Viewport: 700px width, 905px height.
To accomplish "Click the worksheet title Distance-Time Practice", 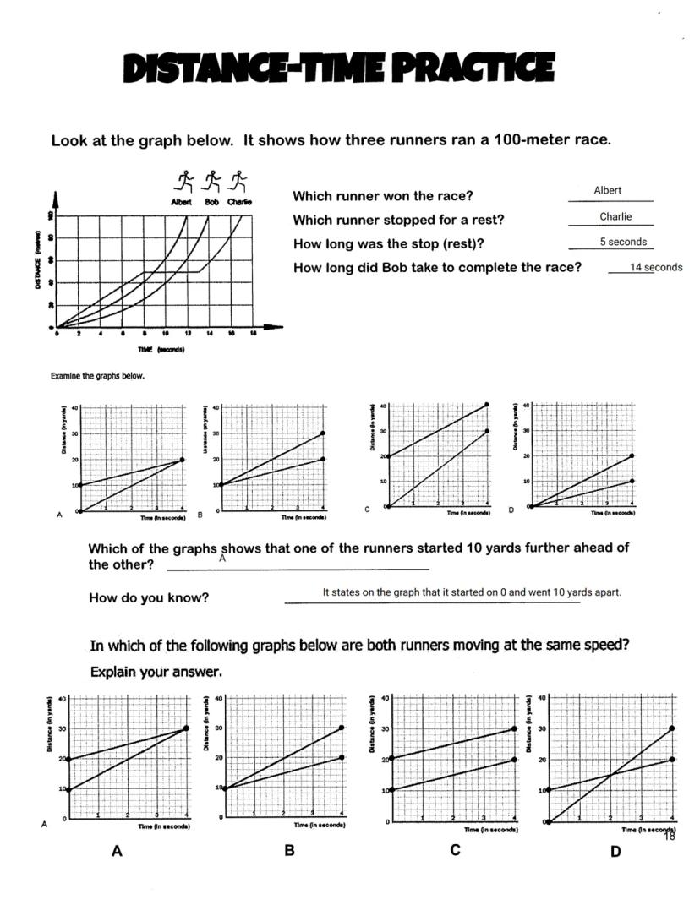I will [339, 68].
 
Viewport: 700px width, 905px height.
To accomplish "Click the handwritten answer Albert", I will [607, 190].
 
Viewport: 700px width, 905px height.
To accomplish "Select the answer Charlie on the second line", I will [615, 216].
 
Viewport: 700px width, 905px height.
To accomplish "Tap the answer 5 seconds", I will [623, 242].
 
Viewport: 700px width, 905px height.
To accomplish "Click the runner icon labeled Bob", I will [212, 181].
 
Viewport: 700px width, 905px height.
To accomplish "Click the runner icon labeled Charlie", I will [239, 181].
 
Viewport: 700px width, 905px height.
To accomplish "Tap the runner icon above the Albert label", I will [183, 181].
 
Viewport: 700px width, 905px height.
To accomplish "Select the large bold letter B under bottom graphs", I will [289, 850].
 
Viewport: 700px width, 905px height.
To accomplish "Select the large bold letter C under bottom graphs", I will [455, 849].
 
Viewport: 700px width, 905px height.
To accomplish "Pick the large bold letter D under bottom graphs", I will [615, 851].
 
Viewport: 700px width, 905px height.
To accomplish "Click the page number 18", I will [669, 836].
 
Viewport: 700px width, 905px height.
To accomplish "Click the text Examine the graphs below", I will [97, 376].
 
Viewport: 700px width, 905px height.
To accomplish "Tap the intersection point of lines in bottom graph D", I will [610, 774].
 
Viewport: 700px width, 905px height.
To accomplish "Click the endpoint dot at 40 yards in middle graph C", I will [487, 405].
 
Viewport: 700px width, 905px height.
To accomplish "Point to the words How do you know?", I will [149, 598].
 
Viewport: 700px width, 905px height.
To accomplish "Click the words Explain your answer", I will [156, 673].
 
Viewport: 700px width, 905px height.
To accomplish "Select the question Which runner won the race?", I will [383, 196].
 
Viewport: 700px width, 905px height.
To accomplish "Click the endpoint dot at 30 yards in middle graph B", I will [323, 433].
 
